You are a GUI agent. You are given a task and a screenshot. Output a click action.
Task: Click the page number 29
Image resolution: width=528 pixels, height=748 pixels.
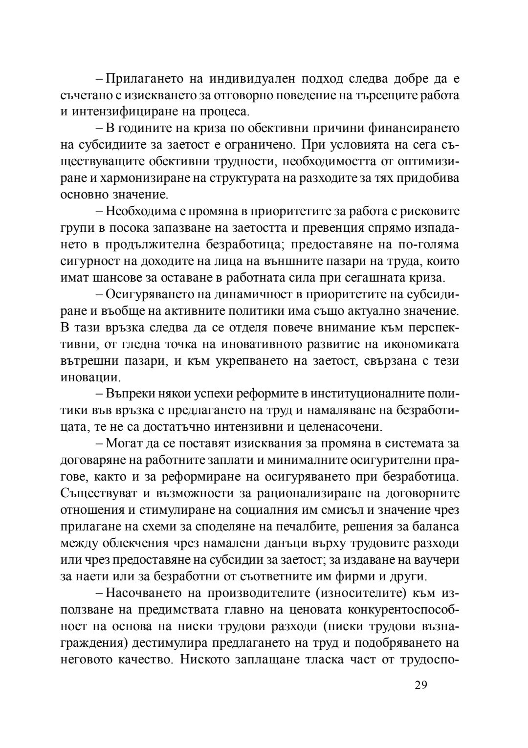pyautogui.click(x=420, y=685)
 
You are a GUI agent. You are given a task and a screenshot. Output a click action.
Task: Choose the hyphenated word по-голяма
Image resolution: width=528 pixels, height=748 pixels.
pyautogui.click(x=427, y=244)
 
